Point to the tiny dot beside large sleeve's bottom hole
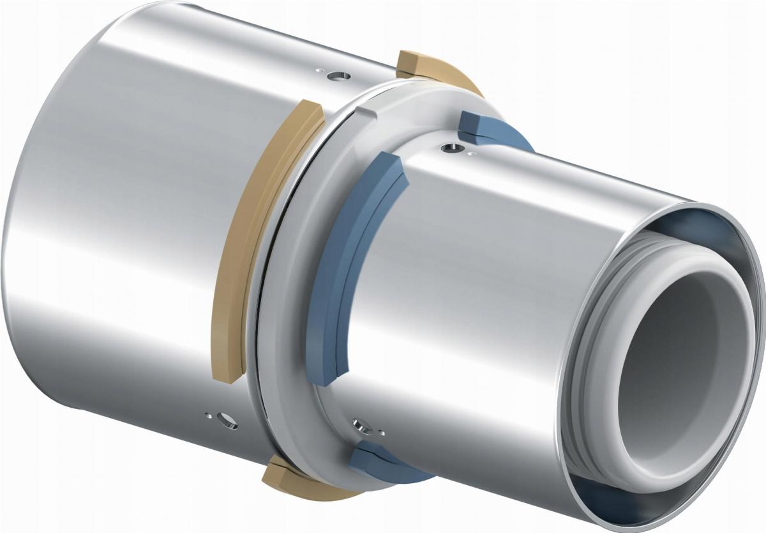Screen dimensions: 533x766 coord(207,415)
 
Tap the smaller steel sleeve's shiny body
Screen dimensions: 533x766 coord(485,288)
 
